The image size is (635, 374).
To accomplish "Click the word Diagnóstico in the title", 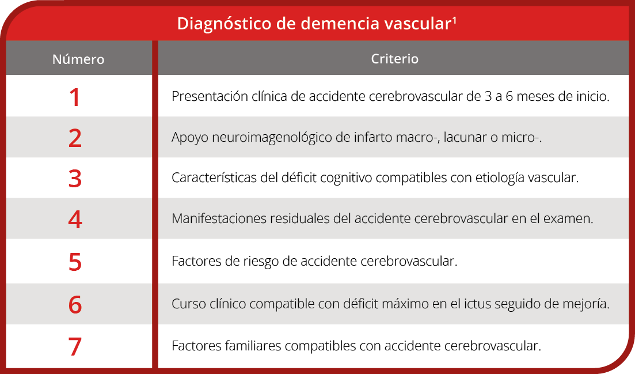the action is (x=224, y=24).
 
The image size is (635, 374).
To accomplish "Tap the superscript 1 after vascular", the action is (x=454, y=20).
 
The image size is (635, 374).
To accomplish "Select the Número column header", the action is (x=78, y=59).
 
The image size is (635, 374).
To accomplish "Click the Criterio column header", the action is (x=394, y=59).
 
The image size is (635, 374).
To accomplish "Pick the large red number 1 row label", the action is (x=75, y=97).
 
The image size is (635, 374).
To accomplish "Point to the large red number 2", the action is (x=75, y=138).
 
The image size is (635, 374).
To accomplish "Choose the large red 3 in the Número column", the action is (x=75, y=178).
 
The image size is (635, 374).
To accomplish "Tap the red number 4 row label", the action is (x=75, y=219).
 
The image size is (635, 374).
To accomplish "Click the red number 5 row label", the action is (x=75, y=262).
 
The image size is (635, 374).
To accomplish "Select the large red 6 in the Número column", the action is (x=75, y=304).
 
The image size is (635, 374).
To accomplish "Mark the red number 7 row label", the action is (x=75, y=346).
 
